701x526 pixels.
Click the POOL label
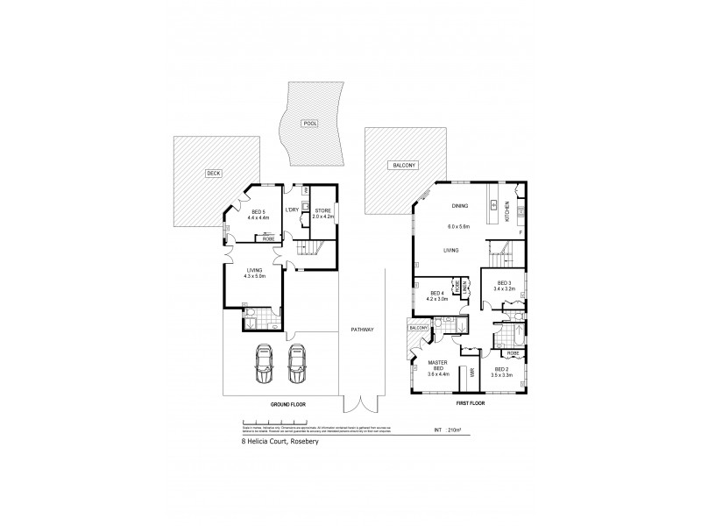pyautogui.click(x=308, y=123)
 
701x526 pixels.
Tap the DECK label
pyautogui.click(x=213, y=173)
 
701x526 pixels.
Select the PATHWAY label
pyautogui.click(x=362, y=330)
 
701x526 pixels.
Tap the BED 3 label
pyautogui.click(x=503, y=283)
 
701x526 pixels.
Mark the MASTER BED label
pyautogui.click(x=438, y=366)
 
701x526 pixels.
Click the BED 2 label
pyautogui.click(x=503, y=372)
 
